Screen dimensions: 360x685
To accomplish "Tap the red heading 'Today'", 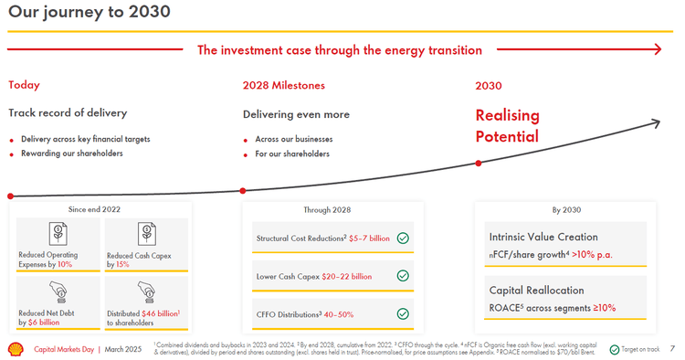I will (24, 85).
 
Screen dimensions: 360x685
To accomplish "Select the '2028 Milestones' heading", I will (283, 85).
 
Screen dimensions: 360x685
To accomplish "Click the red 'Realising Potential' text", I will (507, 126).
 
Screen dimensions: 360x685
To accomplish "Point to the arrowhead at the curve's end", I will (655, 122).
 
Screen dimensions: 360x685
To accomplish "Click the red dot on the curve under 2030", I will (478, 164).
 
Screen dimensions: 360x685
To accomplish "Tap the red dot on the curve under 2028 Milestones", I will (243, 191).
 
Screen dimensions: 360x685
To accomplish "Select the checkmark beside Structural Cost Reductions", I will (403, 238).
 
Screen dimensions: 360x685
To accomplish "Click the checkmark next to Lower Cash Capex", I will (403, 276).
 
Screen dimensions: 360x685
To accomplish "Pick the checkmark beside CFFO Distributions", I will (403, 313).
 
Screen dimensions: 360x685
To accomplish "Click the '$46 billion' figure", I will (159, 313).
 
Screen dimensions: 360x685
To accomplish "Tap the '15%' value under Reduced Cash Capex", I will (122, 264).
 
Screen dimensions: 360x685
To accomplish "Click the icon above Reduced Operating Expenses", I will (58, 232).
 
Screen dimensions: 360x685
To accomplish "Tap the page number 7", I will (672, 348).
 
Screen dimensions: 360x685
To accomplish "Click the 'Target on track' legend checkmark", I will (614, 348).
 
